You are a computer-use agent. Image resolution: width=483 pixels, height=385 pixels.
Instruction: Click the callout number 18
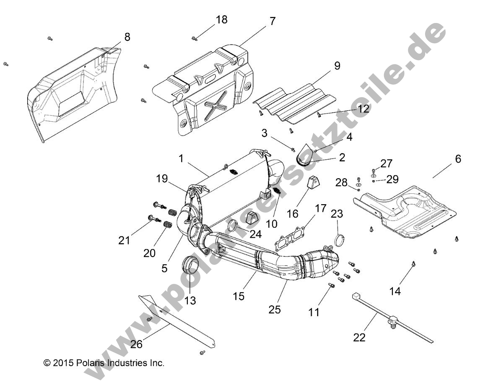221,20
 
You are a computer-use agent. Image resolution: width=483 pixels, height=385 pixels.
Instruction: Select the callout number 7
273,21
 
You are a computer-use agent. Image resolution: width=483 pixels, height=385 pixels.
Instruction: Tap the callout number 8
127,37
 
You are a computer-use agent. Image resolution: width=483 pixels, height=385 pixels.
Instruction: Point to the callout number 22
359,337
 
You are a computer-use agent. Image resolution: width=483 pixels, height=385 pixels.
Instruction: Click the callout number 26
136,344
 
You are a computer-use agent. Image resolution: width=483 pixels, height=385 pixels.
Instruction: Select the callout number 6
458,159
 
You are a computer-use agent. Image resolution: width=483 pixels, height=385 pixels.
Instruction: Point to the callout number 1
181,159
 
